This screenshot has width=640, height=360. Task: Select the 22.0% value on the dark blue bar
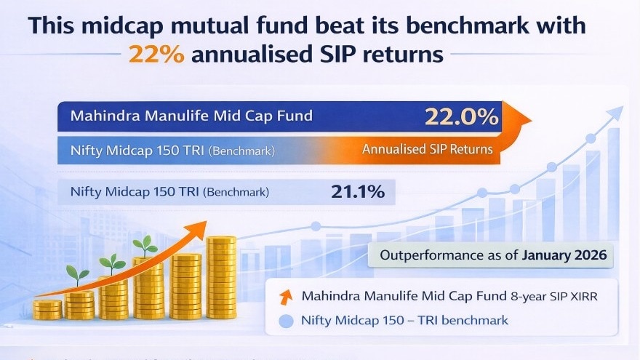click(x=462, y=116)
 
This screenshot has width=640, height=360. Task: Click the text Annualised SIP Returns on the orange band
click(x=427, y=150)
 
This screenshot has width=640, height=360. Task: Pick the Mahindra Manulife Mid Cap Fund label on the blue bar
click(x=192, y=115)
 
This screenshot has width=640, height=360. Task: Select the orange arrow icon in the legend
click(x=286, y=296)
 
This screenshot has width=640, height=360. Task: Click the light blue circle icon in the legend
click(x=286, y=320)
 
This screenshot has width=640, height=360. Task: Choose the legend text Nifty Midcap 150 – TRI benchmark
click(x=404, y=320)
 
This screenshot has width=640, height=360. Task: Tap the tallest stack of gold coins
click(x=221, y=276)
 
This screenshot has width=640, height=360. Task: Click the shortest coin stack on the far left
click(x=47, y=309)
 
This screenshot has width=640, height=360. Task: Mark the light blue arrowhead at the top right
click(x=616, y=112)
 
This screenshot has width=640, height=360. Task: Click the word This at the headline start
click(x=54, y=26)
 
